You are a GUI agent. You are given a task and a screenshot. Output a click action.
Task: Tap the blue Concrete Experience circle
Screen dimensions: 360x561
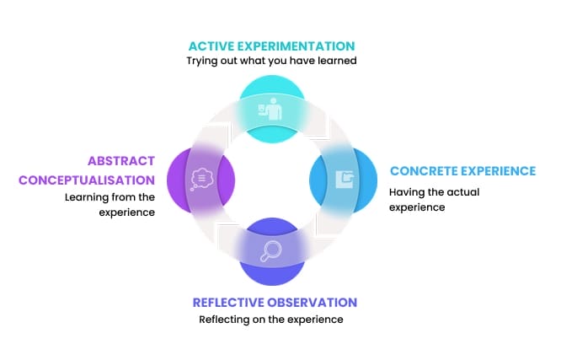pos(343,179)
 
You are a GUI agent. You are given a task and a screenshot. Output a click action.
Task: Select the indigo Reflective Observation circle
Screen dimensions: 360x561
pos(271,250)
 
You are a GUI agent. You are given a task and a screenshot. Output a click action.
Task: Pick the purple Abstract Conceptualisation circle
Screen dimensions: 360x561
pos(200,179)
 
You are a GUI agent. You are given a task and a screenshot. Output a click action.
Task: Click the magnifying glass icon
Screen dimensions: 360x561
pos(271,250)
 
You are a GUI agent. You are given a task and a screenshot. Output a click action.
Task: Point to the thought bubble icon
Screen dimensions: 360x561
pos(201,179)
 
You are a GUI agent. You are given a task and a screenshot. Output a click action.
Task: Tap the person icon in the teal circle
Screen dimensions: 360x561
pos(272,110)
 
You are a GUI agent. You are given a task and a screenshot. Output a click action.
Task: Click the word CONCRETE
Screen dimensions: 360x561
pos(424,171)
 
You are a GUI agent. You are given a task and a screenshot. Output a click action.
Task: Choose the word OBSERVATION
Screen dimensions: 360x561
pos(316,303)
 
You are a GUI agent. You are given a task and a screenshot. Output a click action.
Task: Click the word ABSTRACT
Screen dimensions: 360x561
pos(120,160)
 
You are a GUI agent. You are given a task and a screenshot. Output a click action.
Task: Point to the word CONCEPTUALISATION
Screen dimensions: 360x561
pos(87,180)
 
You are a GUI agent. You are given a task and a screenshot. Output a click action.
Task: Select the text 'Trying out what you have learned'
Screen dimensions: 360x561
pos(271,62)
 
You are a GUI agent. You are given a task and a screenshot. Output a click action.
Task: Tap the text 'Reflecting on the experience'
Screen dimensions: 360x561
pos(271,320)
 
